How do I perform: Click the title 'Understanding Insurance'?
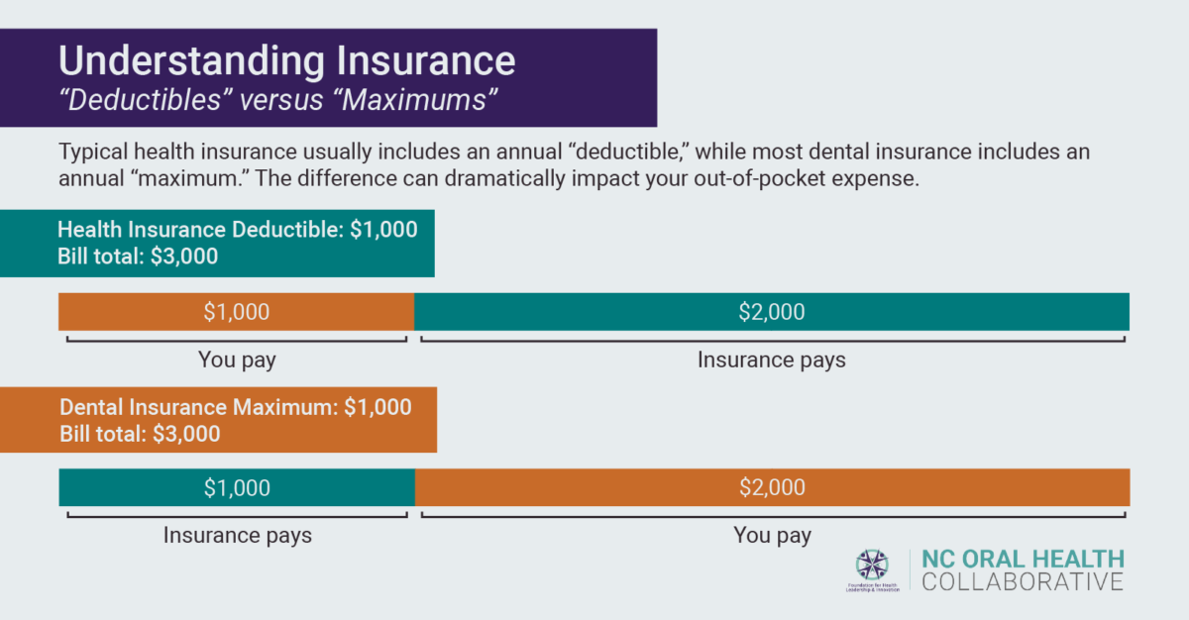click(286, 60)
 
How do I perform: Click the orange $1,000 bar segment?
click(236, 312)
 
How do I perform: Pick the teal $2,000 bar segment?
click(772, 312)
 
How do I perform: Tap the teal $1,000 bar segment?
click(236, 487)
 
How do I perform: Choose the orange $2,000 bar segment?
click(772, 487)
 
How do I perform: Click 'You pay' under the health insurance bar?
click(237, 360)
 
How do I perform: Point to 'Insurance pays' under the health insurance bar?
click(771, 360)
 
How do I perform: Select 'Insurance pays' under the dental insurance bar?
click(237, 536)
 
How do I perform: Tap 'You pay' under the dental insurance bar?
click(772, 536)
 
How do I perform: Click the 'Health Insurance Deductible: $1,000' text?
click(238, 230)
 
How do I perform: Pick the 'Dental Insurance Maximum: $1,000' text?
click(236, 407)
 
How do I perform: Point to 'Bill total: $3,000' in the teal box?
click(138, 256)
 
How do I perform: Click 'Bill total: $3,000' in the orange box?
click(140, 434)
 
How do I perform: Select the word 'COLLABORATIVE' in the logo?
click(1023, 581)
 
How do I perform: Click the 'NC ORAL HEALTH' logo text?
click(1023, 558)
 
